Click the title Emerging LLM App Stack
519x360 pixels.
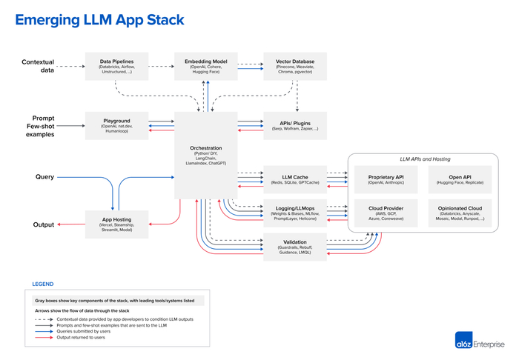(99, 20)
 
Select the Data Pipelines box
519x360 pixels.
(116, 66)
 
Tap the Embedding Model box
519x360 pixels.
(205, 66)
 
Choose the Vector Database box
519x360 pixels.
(295, 66)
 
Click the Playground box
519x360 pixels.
(116, 124)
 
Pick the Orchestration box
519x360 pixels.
(205, 155)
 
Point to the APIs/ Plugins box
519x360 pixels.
(295, 124)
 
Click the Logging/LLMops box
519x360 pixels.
(295, 212)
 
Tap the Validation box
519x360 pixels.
(295, 247)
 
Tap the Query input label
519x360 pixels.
(44, 177)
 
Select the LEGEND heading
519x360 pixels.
(42, 284)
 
